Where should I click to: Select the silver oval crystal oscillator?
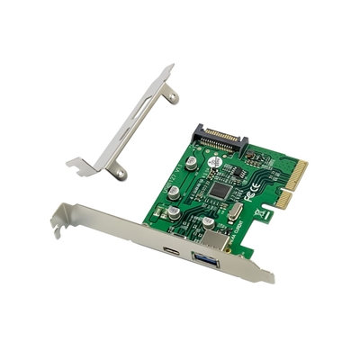click(235, 211)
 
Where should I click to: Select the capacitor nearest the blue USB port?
click(207, 223)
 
